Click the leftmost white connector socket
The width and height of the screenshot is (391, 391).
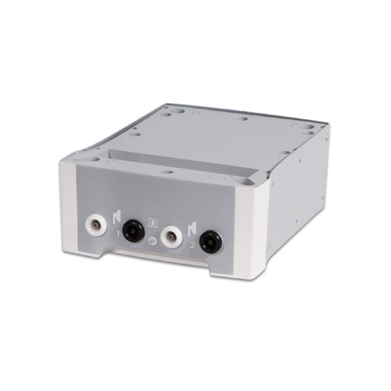(97, 226)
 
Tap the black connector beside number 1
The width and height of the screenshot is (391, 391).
(133, 231)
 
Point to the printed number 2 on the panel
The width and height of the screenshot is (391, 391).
(192, 246)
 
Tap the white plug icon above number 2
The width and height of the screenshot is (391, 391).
(192, 228)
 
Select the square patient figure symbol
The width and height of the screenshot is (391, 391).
(152, 222)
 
